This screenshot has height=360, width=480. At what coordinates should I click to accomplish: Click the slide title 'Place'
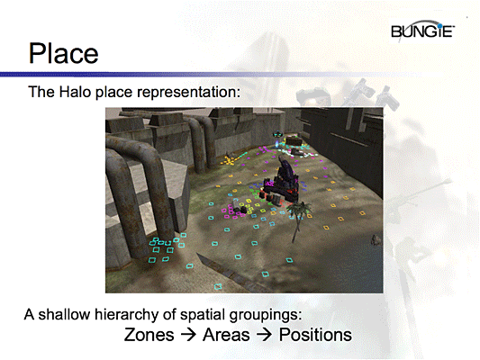tap(62, 52)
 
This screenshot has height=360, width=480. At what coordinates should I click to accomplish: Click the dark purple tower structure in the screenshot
tap(283, 176)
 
